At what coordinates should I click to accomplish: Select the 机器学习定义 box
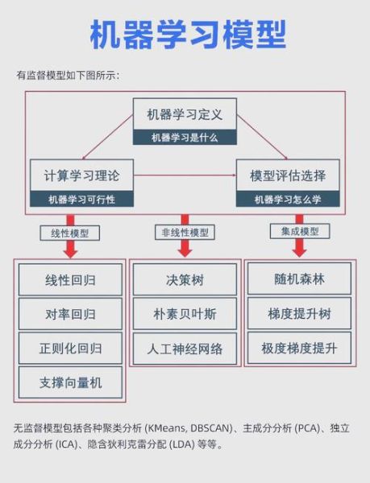click(x=185, y=114)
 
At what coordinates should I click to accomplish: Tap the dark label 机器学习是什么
click(x=185, y=137)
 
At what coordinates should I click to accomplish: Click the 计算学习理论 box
click(x=81, y=175)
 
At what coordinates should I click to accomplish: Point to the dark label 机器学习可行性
click(x=81, y=199)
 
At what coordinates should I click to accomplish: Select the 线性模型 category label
click(x=70, y=233)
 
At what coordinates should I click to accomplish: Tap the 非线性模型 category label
click(x=185, y=233)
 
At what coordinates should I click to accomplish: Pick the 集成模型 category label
click(x=298, y=231)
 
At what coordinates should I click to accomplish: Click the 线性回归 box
click(x=70, y=280)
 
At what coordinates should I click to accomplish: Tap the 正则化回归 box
click(x=70, y=349)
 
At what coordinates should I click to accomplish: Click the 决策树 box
click(x=185, y=280)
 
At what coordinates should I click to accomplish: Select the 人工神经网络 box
click(x=185, y=349)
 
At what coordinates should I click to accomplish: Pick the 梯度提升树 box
click(x=299, y=313)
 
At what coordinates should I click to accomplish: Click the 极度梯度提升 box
click(x=299, y=349)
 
